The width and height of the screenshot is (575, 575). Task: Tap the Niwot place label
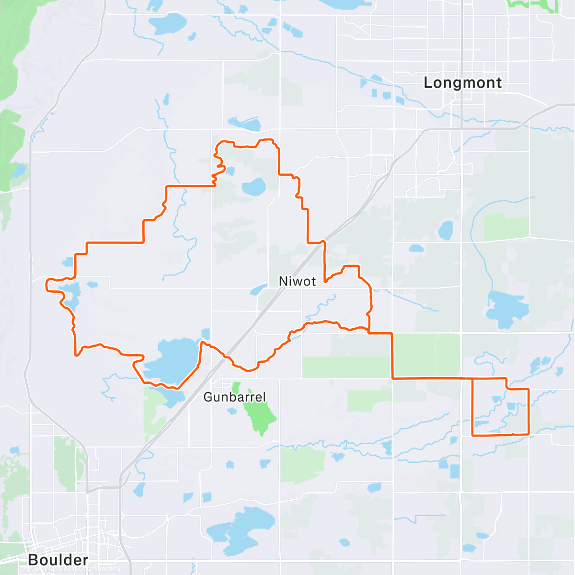[297, 281]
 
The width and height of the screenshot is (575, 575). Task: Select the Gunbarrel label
[234, 397]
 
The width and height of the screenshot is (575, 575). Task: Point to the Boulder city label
[58, 560]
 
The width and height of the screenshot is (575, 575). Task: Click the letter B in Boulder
[33, 560]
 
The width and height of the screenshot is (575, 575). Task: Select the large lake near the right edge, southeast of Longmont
[507, 309]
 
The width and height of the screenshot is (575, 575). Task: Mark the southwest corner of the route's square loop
[473, 435]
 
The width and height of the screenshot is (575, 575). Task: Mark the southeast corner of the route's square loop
[529, 434]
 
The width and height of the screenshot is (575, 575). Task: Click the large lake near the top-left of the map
[167, 23]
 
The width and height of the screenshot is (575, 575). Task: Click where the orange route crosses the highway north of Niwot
[324, 241]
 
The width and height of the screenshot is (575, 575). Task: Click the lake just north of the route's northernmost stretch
[245, 124]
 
